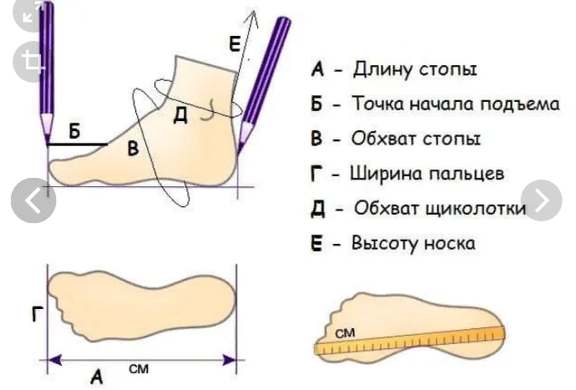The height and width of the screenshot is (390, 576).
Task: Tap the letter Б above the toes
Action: coord(74,131)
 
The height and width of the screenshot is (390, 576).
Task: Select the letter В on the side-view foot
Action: coord(132,149)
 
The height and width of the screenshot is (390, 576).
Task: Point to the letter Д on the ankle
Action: coord(179,116)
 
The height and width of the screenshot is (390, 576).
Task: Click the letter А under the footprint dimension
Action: coord(96,377)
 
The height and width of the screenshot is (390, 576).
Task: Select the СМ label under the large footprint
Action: coord(139,367)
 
